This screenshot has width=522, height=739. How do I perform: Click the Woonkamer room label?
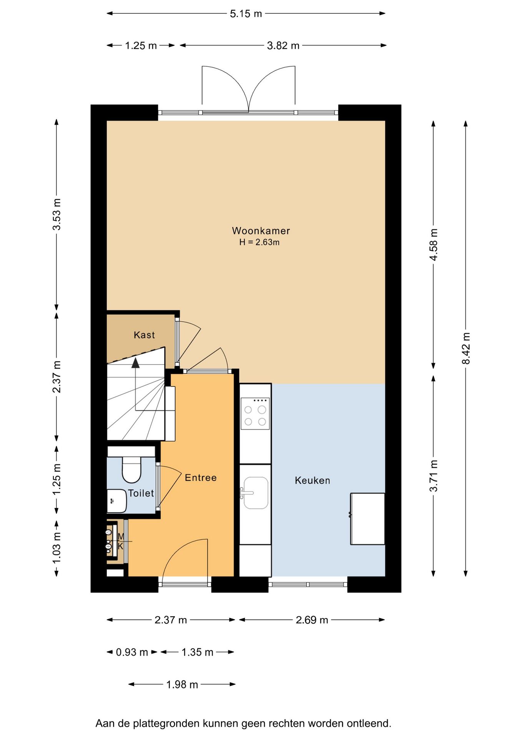pos(261,231)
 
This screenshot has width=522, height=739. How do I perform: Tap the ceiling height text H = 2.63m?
pos(259,242)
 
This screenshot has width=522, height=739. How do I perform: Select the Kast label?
pos(144,335)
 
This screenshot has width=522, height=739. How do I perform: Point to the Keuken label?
pos(313,480)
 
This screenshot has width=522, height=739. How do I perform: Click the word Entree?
pos(201,478)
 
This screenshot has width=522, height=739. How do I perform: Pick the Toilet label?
pos(141,493)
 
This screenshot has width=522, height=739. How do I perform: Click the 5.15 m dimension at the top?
pos(246,14)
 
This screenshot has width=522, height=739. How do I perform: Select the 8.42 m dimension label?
pos(466,348)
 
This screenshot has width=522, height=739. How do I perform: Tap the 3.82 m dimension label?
pos(283,45)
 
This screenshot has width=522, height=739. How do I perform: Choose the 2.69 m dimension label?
pos(312,620)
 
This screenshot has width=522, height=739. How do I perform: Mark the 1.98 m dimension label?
pos(182,685)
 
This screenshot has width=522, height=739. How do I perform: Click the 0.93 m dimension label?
pos(132,652)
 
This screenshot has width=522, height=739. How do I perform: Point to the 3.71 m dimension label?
pos(434,476)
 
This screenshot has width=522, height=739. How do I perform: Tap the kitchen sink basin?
pos(256,493)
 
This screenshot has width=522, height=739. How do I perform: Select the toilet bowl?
pos(131,469)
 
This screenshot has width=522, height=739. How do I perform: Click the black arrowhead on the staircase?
pos(136,363)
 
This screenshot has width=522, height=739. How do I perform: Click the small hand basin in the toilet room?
pos(116,501)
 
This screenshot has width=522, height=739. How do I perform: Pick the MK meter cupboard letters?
pos(121,541)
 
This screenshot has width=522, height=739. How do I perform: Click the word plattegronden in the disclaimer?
pos(166,724)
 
